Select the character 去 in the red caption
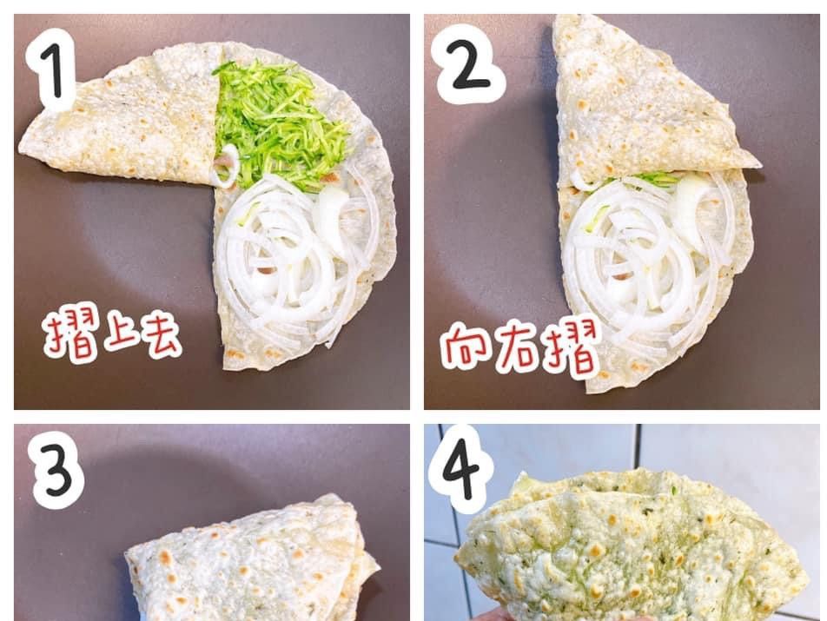tap(161, 338)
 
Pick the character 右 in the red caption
tap(519, 349)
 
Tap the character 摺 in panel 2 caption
tap(572, 348)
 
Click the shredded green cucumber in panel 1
tap(279, 124)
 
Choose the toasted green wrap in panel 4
tap(633, 548)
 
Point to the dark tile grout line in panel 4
tap(638, 447)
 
